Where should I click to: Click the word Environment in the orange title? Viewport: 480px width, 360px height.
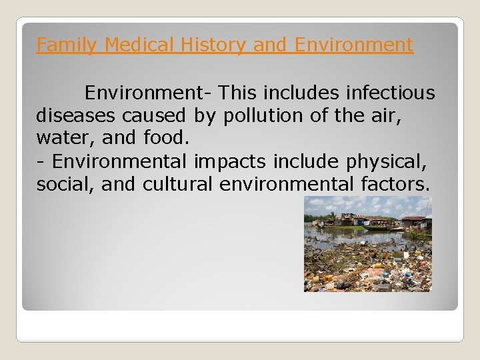coord(353,45)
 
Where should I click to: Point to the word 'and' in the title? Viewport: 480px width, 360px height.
coord(271,45)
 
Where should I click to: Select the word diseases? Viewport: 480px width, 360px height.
coord(76,115)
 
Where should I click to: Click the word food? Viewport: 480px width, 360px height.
coord(165,139)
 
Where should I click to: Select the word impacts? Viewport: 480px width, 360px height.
coord(225,161)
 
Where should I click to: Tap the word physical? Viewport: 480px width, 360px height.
coord(393,161)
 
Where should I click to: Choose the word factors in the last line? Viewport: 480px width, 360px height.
coord(393,185)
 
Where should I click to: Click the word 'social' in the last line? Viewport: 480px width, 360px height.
coord(66,185)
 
